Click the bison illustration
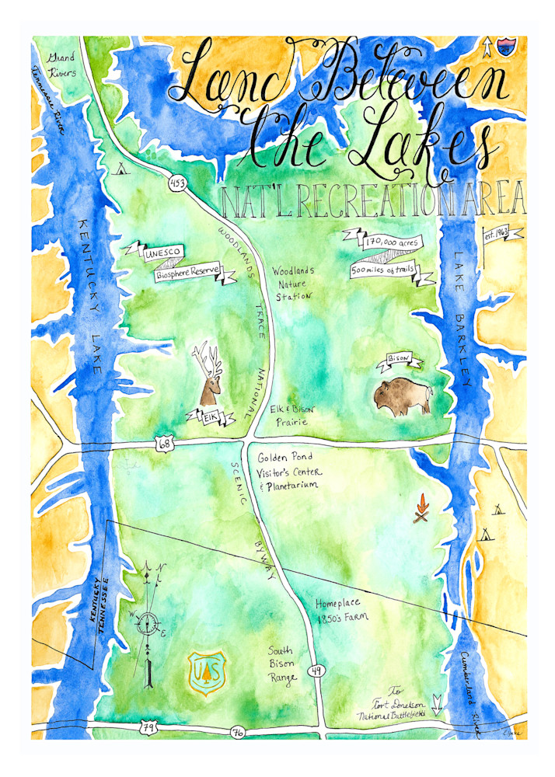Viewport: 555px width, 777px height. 400,396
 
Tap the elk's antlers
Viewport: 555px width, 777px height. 205,358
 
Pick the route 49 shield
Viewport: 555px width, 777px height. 315,671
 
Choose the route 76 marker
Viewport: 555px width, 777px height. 237,732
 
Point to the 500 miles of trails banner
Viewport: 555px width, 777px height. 386,271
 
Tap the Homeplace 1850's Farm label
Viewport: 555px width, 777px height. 340,611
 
